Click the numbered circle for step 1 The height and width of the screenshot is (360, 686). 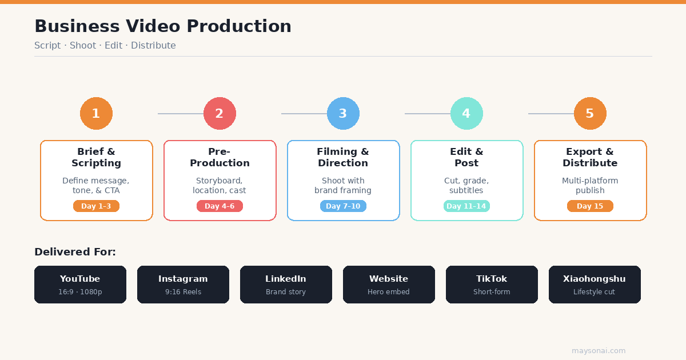click(96, 113)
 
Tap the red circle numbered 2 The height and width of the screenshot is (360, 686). click(220, 113)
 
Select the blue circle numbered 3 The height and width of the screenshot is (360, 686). click(343, 113)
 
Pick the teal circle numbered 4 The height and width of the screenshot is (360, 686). click(466, 113)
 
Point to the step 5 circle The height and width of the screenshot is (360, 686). click(590, 113)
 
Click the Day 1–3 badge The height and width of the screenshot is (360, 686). click(96, 206)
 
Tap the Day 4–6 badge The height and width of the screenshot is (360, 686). click(220, 206)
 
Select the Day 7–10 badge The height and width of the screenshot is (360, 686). click(343, 206)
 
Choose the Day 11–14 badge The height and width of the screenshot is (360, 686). click(466, 206)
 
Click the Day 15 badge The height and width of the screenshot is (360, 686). click(590, 206)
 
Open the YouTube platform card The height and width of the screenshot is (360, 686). click(80, 285)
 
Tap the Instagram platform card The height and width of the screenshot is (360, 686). click(183, 285)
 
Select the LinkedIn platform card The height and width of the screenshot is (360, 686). click(286, 285)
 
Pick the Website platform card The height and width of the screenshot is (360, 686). click(389, 285)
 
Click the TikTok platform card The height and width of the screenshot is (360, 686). click(492, 285)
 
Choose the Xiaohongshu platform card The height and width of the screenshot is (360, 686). click(595, 285)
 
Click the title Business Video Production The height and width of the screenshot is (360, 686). click(163, 26)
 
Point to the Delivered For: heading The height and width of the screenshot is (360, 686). click(75, 252)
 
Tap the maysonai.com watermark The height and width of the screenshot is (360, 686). click(599, 351)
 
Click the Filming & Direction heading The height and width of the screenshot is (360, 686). click(343, 157)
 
